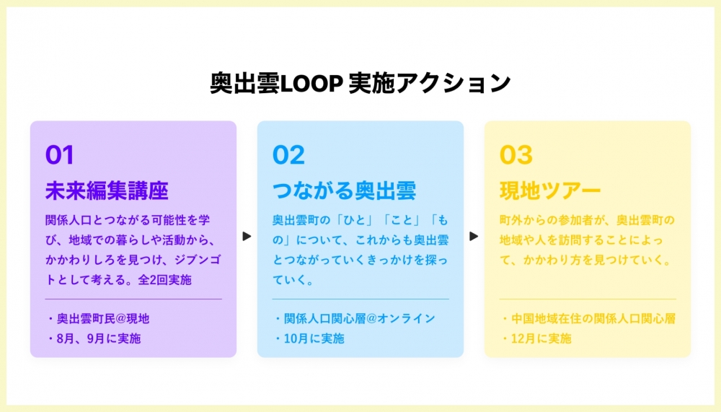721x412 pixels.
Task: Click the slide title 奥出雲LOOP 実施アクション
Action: click(360, 83)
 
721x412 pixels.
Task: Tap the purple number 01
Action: click(60, 154)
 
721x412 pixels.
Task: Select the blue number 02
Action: click(288, 154)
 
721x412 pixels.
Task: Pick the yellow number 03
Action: click(516, 154)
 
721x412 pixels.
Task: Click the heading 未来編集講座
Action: click(107, 190)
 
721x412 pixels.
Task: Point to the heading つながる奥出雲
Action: click(344, 190)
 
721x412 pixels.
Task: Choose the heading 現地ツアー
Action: click(550, 190)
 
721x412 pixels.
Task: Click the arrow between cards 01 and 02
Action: click(247, 236)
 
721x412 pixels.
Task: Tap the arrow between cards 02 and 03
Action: click(474, 236)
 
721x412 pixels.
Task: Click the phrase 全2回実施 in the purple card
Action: click(164, 280)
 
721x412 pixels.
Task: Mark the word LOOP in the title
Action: click(311, 83)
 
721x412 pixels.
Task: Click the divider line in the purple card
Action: click(133, 299)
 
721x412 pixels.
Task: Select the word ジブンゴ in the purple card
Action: click(198, 260)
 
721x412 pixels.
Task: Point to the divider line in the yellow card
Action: click(588, 299)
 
